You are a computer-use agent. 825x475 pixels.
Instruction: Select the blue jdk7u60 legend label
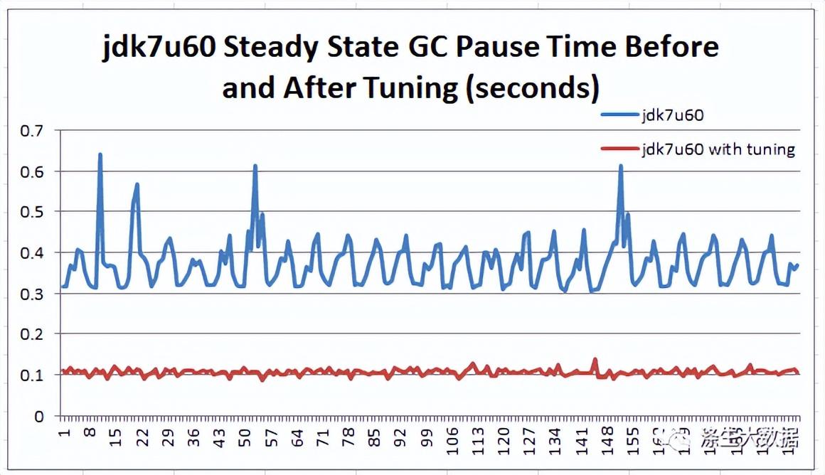pyautogui.click(x=672, y=115)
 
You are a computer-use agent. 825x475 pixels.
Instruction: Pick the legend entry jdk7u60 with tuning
pyautogui.click(x=718, y=149)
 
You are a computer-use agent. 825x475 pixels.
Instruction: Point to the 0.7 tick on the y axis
pyautogui.click(x=32, y=131)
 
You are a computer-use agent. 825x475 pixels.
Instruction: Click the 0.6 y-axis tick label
pyautogui.click(x=32, y=171)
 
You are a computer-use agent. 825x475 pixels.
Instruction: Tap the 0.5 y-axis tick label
pyautogui.click(x=32, y=212)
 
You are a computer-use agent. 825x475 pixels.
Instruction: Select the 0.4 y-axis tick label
pyautogui.click(x=32, y=253)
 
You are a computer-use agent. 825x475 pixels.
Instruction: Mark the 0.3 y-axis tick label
pyautogui.click(x=32, y=294)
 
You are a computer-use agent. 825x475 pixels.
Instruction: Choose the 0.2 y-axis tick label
pyautogui.click(x=32, y=334)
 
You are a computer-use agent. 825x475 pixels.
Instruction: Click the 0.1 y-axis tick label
pyautogui.click(x=32, y=375)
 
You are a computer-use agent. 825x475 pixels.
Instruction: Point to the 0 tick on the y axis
pyautogui.click(x=39, y=416)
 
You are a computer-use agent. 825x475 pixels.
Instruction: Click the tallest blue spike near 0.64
pyautogui.click(x=100, y=154)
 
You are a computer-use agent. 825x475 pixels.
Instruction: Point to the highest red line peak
pyautogui.click(x=595, y=359)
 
